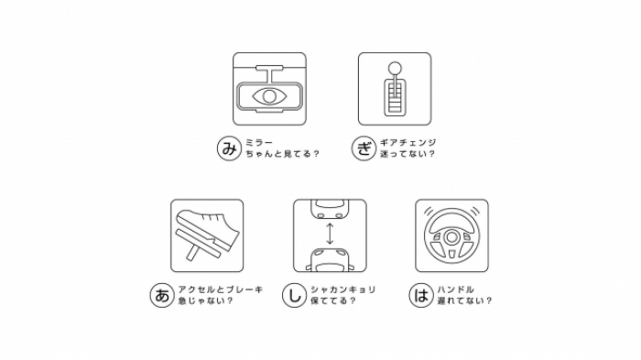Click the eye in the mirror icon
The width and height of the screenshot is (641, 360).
(268, 95)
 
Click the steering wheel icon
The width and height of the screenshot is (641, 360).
(451, 236)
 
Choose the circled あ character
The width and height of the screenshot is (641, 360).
(161, 295)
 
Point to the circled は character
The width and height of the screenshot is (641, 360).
(422, 295)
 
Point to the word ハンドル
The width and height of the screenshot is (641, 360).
(455, 289)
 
